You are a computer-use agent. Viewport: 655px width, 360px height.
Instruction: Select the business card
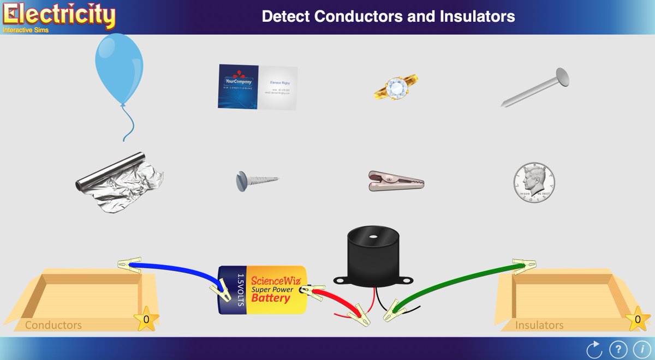[258, 87]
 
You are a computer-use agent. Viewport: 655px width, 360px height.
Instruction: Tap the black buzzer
[373, 256]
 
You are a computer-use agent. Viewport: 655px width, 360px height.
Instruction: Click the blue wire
[175, 269]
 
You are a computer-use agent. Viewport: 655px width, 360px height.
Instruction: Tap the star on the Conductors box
[146, 320]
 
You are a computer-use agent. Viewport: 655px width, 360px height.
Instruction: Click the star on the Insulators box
[637, 320]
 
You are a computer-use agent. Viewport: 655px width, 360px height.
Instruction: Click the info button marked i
[639, 348]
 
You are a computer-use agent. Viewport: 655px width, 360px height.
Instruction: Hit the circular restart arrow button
[593, 348]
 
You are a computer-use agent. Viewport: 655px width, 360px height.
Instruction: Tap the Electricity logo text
[58, 15]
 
